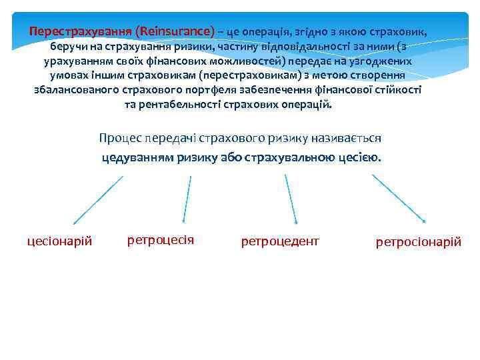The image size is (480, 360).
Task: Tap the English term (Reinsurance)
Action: (x=175, y=31)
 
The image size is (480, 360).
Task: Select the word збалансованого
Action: (x=74, y=90)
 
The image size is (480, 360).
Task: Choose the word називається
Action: (x=346, y=138)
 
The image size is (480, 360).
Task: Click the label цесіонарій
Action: (x=59, y=241)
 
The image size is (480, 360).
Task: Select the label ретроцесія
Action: (x=161, y=239)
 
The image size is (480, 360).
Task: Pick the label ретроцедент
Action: (x=280, y=241)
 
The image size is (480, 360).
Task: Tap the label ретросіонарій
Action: (x=419, y=241)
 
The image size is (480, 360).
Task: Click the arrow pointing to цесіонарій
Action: (x=97, y=199)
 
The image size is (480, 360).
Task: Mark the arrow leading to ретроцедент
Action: (x=291, y=199)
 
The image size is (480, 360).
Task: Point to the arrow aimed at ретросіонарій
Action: (x=399, y=199)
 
